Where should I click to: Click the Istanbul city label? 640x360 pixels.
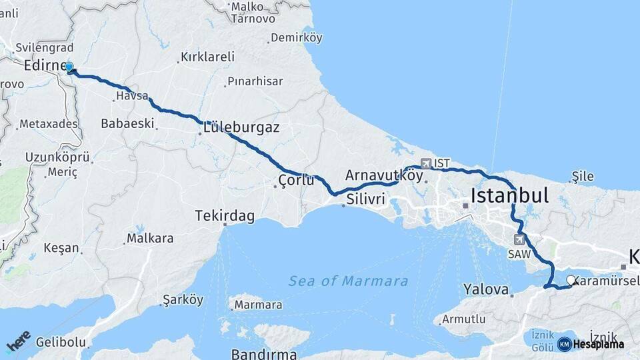pyautogui.click(x=509, y=195)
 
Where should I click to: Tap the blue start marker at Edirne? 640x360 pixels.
pyautogui.click(x=69, y=67)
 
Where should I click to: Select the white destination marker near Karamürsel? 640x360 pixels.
pyautogui.click(x=571, y=280)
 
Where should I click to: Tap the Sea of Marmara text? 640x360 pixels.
pyautogui.click(x=348, y=281)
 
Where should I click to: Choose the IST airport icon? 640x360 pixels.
pyautogui.click(x=425, y=163)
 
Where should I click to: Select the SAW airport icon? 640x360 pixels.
pyautogui.click(x=519, y=239)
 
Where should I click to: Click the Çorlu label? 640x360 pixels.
pyautogui.click(x=296, y=180)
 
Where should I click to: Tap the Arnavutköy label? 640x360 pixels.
pyautogui.click(x=384, y=175)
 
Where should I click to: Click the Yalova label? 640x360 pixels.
pyautogui.click(x=485, y=290)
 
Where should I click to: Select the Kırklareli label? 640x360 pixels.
pyautogui.click(x=207, y=57)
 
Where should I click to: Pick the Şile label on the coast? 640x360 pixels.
pyautogui.click(x=582, y=176)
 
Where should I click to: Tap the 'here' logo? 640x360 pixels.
pyautogui.click(x=18, y=341)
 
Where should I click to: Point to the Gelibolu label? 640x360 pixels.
pyautogui.click(x=61, y=343)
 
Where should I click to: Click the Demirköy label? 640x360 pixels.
pyautogui.click(x=296, y=37)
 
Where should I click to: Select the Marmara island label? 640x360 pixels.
pyautogui.click(x=257, y=305)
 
